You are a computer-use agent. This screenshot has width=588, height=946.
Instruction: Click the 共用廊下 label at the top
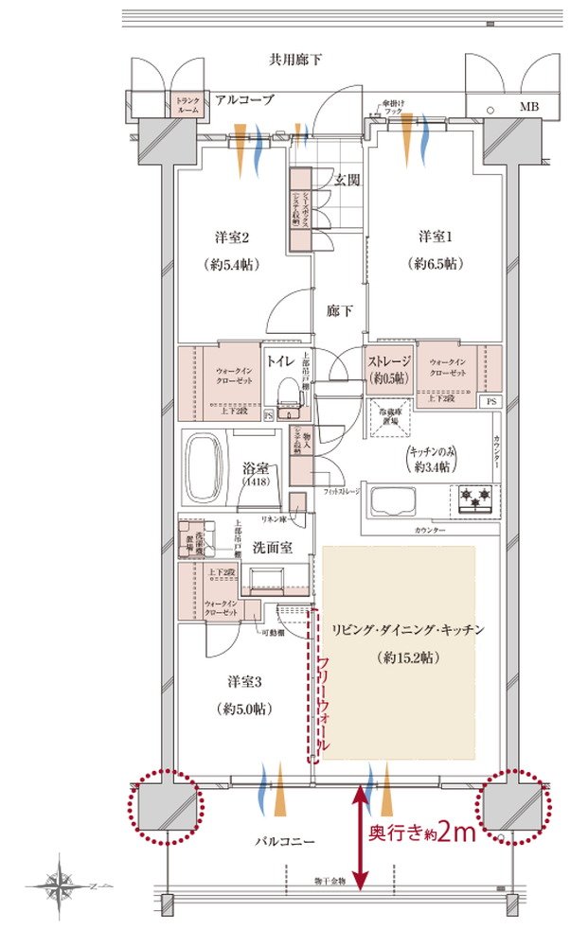pyautogui.click(x=294, y=60)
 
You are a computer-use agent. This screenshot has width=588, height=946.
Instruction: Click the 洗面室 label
pyautogui.click(x=275, y=546)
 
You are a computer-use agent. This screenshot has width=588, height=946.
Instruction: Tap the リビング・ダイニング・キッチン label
pyautogui.click(x=407, y=629)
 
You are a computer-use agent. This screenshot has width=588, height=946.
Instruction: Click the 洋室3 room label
pyautogui.click(x=244, y=681)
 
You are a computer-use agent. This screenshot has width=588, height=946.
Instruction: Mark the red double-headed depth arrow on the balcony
pyautogui.click(x=361, y=832)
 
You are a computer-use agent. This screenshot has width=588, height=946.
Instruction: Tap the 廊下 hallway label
pyautogui.click(x=340, y=309)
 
